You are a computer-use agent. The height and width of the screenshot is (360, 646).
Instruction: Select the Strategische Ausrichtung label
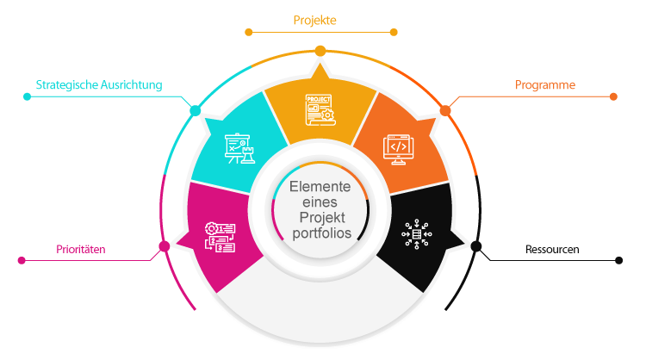coord(98,85)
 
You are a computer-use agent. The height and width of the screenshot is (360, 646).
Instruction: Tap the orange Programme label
coord(545,85)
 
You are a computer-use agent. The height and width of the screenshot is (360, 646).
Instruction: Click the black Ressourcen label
coord(552,251)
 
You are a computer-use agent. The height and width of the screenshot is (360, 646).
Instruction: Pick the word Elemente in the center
coord(320,187)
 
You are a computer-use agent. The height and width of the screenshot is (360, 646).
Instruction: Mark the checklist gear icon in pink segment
coord(221,235)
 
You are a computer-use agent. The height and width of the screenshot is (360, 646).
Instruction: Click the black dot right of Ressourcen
coord(618,258)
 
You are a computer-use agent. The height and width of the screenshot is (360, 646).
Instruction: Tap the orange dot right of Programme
coord(614,96)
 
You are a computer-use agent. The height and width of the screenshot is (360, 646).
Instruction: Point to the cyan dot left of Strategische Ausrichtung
coord(28,96)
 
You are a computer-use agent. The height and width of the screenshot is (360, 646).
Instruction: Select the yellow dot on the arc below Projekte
coord(320,51)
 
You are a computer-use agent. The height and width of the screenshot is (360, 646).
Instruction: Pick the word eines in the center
coord(320,202)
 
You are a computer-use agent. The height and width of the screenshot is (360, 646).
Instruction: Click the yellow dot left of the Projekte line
coord(249,33)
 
